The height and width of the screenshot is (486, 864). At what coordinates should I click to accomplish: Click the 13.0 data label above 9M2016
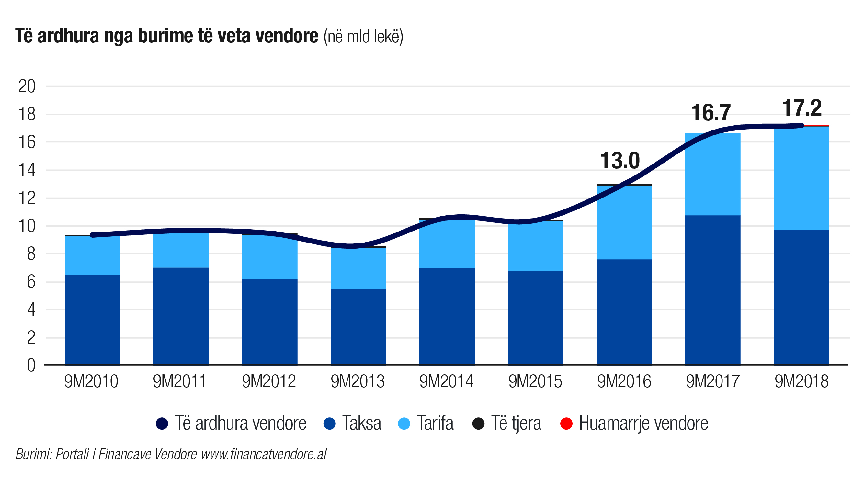(620, 161)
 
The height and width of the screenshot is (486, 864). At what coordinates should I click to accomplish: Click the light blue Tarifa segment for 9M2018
(801, 178)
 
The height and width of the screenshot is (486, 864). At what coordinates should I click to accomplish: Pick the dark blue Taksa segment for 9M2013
(358, 327)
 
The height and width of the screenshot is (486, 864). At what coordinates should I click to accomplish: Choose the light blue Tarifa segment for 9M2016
(624, 222)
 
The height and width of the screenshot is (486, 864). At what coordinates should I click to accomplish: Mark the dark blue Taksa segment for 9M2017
(712, 290)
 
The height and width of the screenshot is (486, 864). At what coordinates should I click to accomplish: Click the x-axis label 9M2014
(446, 381)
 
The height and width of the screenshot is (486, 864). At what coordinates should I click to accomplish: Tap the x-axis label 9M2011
(179, 381)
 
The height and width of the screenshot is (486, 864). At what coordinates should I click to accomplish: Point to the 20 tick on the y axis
(27, 86)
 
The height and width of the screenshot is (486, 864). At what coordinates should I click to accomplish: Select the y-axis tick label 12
(27, 198)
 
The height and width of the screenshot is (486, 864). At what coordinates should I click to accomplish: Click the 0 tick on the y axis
(31, 365)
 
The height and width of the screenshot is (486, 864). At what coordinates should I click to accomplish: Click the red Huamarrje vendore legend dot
(566, 423)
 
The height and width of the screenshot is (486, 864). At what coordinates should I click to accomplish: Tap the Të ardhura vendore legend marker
(162, 423)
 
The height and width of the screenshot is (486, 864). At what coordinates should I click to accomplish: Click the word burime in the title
(165, 36)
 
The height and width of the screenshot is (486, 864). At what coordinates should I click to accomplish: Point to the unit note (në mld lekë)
(363, 37)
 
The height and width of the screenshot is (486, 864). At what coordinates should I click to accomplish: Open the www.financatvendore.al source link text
(264, 455)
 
